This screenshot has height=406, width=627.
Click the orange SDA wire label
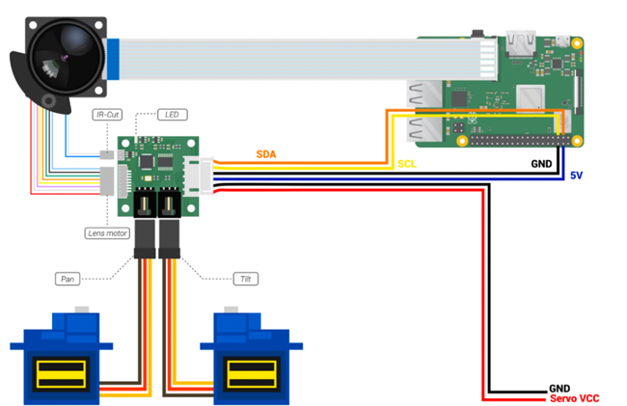tap(269, 154)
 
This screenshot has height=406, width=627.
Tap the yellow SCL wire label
tap(408, 164)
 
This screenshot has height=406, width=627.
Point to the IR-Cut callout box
tap(106, 115)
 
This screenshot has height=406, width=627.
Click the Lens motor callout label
tap(108, 232)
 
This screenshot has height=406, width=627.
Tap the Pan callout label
tap(68, 279)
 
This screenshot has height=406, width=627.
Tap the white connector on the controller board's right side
tap(200, 175)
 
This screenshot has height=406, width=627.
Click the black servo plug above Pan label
tap(146, 241)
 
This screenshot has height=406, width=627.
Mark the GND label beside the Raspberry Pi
tap(542, 164)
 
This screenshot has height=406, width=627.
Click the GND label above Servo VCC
tap(560, 387)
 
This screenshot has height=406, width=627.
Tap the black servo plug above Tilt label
tap(170, 241)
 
